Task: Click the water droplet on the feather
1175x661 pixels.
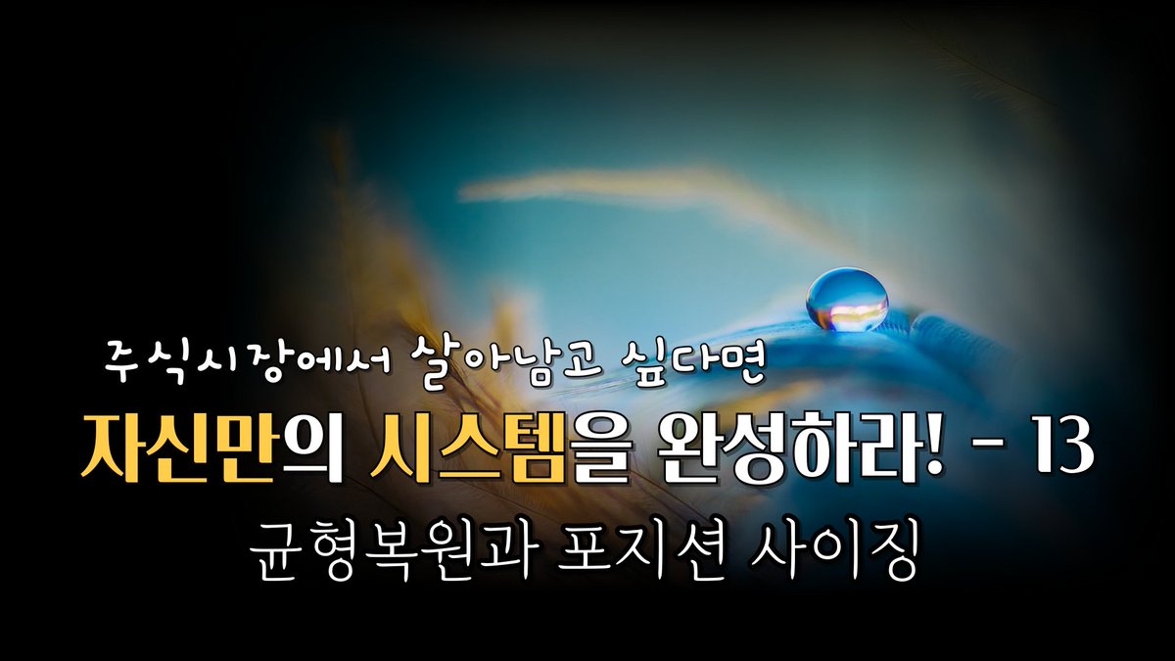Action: [847, 300]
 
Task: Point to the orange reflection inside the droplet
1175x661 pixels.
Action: [848, 310]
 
